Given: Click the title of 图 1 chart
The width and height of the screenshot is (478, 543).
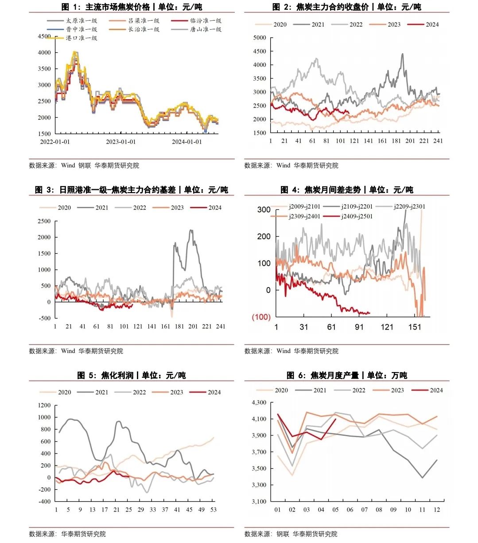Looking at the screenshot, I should (132, 7).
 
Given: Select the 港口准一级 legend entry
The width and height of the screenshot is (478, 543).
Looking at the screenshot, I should (82, 38).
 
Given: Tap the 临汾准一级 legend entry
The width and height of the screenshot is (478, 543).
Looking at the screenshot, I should (206, 21).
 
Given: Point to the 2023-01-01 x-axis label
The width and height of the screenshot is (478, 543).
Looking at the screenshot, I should (121, 142).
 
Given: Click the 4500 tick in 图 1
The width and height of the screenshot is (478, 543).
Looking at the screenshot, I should (45, 36).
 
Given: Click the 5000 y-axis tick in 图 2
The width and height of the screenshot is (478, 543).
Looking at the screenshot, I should (260, 38).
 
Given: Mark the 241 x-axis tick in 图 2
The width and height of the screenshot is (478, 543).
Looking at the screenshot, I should (438, 141).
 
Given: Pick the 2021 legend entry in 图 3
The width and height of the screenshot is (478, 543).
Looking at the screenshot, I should (101, 208).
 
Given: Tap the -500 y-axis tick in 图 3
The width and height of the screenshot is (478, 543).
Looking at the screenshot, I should (44, 318).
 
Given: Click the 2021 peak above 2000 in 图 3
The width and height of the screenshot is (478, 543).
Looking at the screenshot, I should (191, 230).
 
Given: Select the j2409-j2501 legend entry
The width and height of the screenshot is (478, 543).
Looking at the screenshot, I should (357, 217).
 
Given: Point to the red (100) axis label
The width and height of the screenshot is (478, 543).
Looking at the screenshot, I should (261, 317).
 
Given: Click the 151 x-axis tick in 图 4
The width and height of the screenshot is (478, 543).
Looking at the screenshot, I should (415, 327).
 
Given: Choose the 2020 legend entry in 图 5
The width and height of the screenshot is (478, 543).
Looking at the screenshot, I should (64, 392).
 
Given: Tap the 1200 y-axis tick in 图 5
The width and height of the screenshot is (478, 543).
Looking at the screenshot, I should (44, 405).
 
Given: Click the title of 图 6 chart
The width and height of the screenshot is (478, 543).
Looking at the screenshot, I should (347, 376).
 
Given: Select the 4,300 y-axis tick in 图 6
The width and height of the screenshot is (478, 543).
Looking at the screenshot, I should (259, 403).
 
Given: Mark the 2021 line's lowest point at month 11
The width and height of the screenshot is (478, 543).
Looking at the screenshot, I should (422, 477).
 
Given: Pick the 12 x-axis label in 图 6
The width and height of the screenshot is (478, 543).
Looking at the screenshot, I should (437, 510).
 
